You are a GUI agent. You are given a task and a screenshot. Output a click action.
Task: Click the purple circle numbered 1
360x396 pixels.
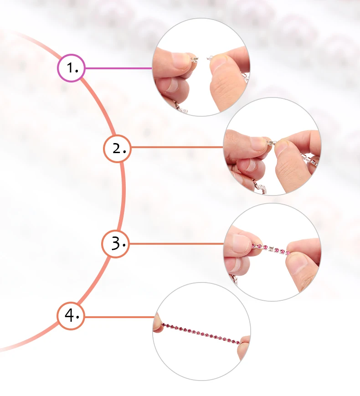tap(71, 68)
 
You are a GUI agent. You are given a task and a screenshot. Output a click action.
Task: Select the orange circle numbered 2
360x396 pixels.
tap(117, 148)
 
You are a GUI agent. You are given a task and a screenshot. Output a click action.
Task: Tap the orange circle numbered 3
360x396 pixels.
tap(115, 244)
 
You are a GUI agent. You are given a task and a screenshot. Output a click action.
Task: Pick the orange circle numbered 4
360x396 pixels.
tap(71, 315)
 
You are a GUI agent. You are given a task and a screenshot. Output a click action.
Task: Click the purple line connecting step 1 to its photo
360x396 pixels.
tap(118, 68)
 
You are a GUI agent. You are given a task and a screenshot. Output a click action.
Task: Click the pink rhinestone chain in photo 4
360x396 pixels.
tap(201, 333)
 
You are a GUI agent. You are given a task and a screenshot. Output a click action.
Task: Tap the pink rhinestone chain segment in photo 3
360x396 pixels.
tap(271, 249)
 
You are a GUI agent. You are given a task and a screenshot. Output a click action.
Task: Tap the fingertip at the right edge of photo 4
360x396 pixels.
tap(245, 341)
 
